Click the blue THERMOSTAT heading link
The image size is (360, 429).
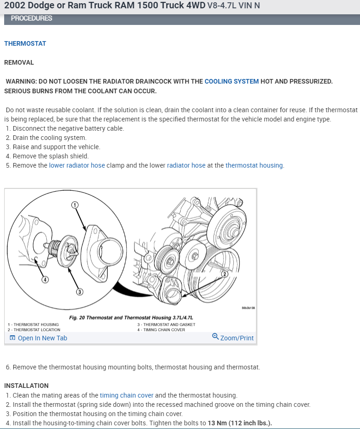(25, 43)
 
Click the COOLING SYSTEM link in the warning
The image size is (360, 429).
(232, 81)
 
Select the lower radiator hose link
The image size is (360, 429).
(77, 165)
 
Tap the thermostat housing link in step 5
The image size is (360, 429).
(254, 165)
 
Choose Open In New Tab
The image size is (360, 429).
(38, 338)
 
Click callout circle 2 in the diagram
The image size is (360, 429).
(225, 274)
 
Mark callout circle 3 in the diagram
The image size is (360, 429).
(79, 292)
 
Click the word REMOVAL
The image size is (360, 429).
(19, 62)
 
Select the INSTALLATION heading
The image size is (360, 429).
(26, 386)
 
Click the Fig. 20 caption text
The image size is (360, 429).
(131, 318)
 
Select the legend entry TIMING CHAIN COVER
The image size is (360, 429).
(164, 330)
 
